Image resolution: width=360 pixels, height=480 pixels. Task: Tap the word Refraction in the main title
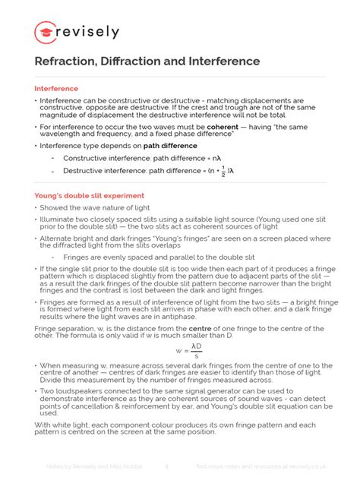(65, 61)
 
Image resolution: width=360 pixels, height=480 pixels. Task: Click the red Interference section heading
(56, 88)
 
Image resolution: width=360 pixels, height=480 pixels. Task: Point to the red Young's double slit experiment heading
(89, 195)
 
